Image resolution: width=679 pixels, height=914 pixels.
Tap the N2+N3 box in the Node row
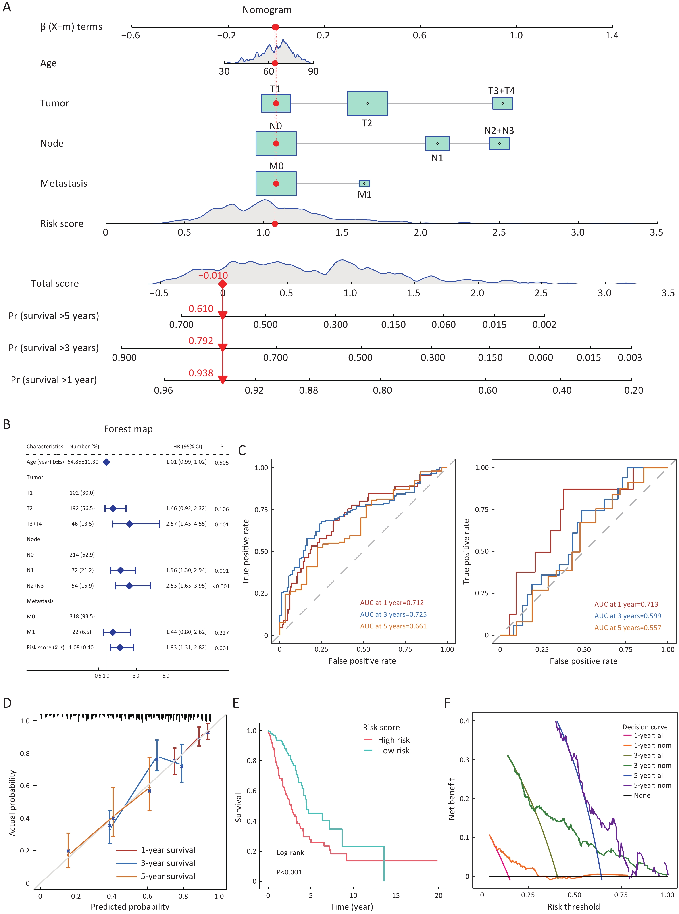tap(499, 143)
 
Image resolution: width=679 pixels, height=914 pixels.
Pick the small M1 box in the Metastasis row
tap(364, 184)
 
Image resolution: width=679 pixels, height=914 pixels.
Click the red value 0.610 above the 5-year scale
tap(201, 309)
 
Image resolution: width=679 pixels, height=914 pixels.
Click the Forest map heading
tap(128, 429)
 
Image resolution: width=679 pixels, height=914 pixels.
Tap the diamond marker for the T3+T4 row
tap(129, 524)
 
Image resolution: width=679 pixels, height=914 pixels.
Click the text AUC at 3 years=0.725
tap(393, 614)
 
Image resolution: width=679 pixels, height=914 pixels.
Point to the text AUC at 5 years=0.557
tap(628, 628)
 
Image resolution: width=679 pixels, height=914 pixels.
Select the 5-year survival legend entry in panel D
tap(168, 876)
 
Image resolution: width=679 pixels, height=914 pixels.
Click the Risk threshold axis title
tap(573, 907)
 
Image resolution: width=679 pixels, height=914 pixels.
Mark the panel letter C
tap(242, 450)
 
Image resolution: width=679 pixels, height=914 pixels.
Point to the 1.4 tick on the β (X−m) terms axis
tap(612, 35)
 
